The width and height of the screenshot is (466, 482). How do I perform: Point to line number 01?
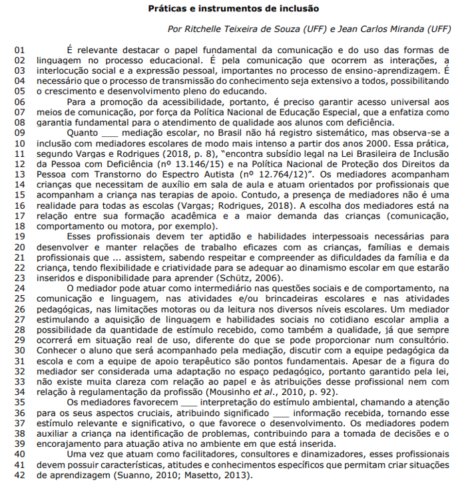point(19,49)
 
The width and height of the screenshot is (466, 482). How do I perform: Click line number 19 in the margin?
point(19,235)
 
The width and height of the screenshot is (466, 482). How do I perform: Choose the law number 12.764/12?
point(279,174)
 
